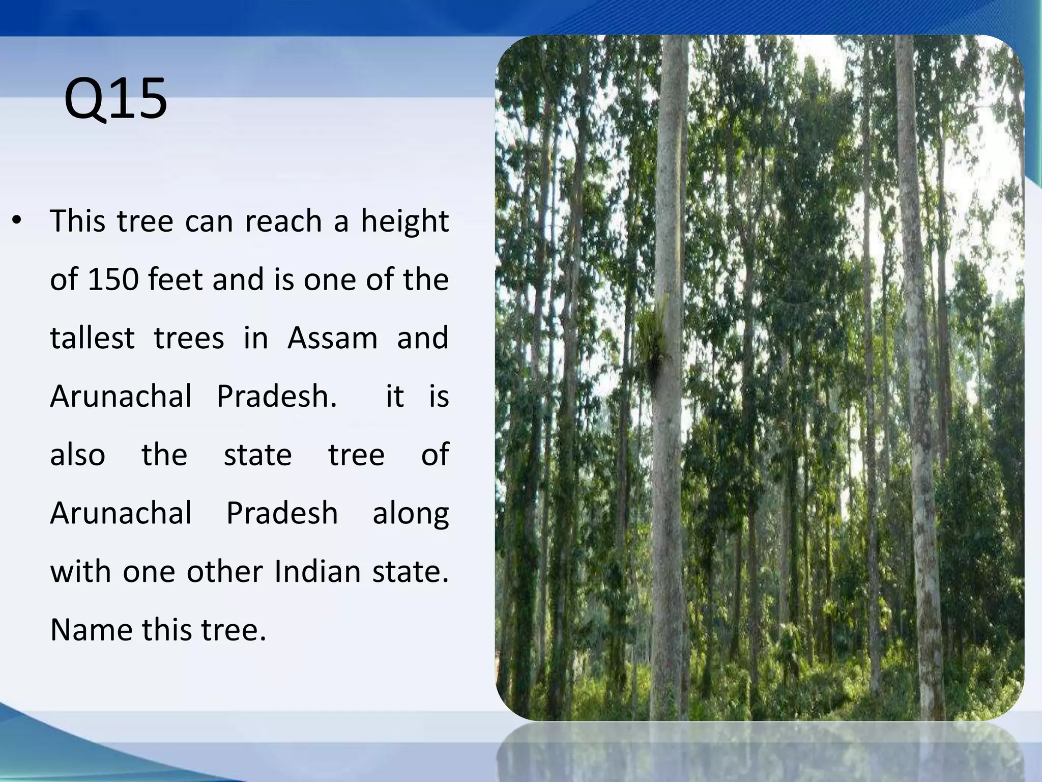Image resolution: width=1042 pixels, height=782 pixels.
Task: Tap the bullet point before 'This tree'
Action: (x=17, y=221)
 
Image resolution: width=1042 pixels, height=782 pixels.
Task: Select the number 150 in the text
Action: (x=113, y=280)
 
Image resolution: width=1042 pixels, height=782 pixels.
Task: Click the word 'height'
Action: (x=404, y=222)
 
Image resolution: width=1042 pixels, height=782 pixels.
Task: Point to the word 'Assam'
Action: (x=332, y=338)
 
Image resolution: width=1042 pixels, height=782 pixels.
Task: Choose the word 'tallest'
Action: (x=93, y=338)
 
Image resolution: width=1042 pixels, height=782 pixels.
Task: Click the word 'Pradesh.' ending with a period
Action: (x=277, y=397)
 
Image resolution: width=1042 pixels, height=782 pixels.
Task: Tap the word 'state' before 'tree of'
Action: (x=257, y=455)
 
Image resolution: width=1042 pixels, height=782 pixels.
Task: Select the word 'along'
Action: (x=411, y=514)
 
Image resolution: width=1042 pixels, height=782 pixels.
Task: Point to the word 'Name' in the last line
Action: (x=91, y=630)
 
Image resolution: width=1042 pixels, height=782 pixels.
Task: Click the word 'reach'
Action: (x=283, y=222)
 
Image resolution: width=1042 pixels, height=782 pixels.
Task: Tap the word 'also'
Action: (x=77, y=455)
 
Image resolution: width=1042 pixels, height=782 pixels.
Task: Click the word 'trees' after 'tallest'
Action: (x=189, y=338)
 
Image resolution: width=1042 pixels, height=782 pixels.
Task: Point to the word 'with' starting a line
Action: (x=81, y=572)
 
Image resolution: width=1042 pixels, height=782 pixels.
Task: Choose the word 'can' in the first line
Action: (x=209, y=222)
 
